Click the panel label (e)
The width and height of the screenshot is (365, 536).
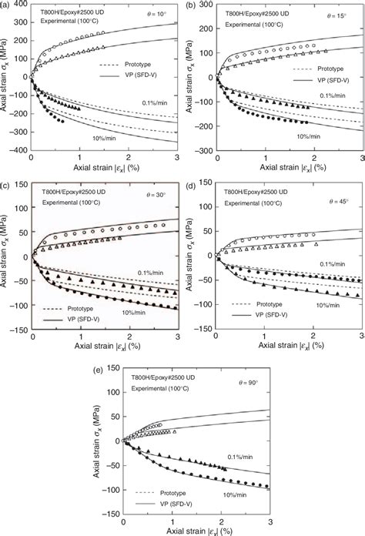pyautogui.click(x=99, y=362)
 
